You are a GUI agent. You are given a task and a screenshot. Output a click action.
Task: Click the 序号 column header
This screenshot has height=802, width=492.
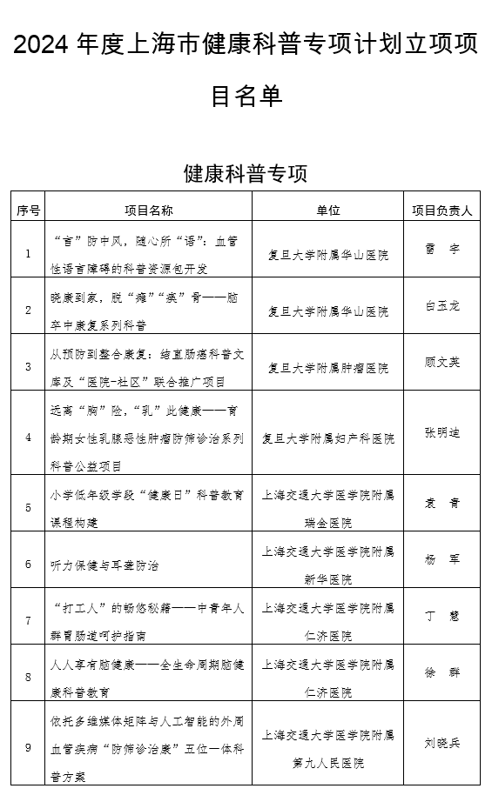[x=28, y=210]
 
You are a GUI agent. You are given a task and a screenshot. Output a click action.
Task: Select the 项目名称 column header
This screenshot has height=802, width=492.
[x=148, y=210]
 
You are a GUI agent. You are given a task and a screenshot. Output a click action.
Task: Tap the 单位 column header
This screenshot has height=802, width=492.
[x=328, y=210]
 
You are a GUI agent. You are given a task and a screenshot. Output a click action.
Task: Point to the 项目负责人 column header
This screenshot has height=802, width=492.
[x=441, y=210]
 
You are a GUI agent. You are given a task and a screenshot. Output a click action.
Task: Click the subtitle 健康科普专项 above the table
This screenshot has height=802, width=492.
[x=246, y=172]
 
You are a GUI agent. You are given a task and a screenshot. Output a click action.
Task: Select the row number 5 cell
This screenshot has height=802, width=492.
[x=28, y=507]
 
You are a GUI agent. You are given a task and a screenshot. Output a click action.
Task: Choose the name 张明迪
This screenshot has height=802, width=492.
[x=441, y=432]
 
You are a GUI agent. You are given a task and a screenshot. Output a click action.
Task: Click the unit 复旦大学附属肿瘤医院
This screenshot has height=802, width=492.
[x=328, y=368]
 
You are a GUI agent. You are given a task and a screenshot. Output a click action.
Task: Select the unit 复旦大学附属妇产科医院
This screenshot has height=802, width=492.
[x=328, y=439]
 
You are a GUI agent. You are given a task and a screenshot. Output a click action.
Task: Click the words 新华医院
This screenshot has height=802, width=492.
[x=328, y=579]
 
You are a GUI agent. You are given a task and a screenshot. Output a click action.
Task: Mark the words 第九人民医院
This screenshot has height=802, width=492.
[x=328, y=763]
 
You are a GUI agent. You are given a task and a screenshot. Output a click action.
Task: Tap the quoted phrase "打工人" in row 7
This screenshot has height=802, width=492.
[x=79, y=605]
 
